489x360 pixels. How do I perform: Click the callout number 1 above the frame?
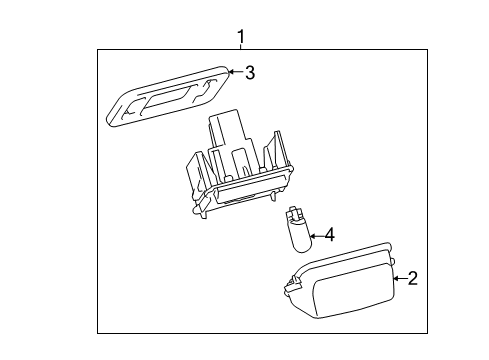pyautogui.click(x=240, y=38)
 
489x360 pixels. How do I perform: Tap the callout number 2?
pyautogui.click(x=411, y=279)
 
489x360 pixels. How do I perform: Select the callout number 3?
pyautogui.click(x=250, y=72)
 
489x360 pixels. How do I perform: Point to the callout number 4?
pyautogui.click(x=329, y=237)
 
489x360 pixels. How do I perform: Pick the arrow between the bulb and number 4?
pyautogui.click(x=315, y=237)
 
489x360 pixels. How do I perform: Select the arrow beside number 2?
pyautogui.click(x=398, y=279)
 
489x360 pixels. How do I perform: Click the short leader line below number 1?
pyautogui.click(x=240, y=51)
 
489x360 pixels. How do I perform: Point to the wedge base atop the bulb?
pyautogui.click(x=294, y=214)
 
